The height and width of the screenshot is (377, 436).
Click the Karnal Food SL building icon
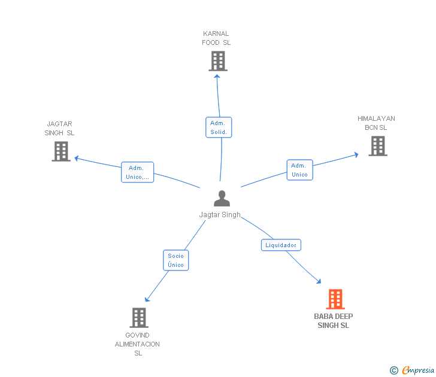point(218,61)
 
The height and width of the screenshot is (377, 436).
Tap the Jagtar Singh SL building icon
point(61,151)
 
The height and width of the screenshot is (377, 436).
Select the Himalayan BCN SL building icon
point(377,146)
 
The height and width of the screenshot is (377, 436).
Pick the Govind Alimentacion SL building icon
point(139,317)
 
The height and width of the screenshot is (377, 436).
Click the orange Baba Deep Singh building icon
point(335,299)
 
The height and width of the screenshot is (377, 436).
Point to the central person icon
point(222,198)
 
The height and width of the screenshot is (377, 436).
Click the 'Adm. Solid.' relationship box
point(219,127)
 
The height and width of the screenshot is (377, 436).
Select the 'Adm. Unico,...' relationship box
point(137,172)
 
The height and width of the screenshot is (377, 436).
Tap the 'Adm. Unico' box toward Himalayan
point(299,170)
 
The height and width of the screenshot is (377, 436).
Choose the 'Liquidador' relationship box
point(281,245)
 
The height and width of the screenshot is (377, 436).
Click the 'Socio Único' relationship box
point(176,260)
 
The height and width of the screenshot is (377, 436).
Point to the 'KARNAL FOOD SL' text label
point(216,38)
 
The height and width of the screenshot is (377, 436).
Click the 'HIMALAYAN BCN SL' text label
point(376,123)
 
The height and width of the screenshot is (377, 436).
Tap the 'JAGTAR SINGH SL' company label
point(59,129)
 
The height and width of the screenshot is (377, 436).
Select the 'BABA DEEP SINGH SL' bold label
point(334,321)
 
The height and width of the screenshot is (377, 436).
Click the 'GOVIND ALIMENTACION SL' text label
point(138,344)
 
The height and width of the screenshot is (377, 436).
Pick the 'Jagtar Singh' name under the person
point(220,215)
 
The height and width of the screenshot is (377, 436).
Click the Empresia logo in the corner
point(417,370)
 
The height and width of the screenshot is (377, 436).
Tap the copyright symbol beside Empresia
point(393,370)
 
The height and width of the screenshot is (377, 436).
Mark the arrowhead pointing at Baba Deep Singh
point(319,281)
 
